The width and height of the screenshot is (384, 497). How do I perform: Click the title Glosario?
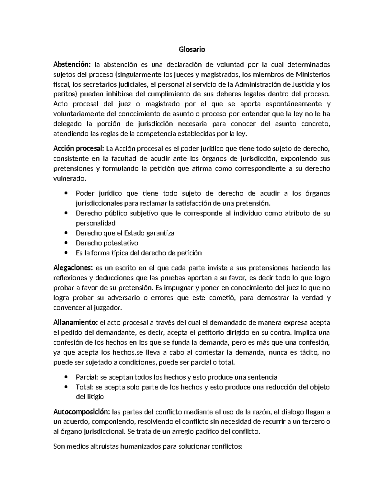[x=192, y=50]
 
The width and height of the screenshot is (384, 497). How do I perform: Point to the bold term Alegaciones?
[x=73, y=268]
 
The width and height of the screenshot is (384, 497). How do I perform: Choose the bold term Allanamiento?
[x=76, y=322]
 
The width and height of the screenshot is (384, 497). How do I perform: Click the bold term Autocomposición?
[x=82, y=412]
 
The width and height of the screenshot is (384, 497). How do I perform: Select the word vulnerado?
[x=69, y=178]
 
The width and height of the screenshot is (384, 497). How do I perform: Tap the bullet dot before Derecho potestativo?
[x=66, y=243]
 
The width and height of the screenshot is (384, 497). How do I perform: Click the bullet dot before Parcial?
[x=66, y=377]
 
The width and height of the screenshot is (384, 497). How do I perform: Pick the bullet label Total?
[x=84, y=387]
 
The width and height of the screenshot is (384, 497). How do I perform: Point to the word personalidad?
[x=95, y=223]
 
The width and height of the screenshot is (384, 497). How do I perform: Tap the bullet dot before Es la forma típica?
[x=66, y=253]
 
